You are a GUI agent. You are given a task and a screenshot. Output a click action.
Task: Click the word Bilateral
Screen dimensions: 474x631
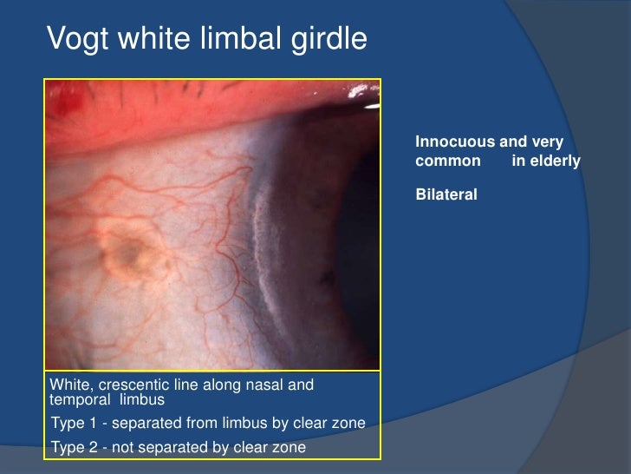tap(446, 195)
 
